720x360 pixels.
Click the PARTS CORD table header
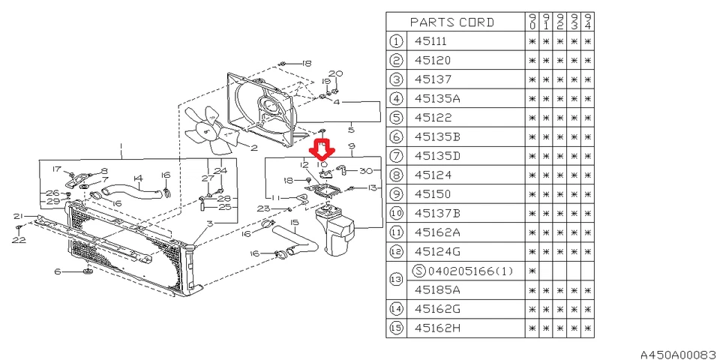click(452, 22)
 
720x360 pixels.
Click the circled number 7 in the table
click(395, 156)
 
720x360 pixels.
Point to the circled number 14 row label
click(395, 308)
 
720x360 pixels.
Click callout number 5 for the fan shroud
click(351, 130)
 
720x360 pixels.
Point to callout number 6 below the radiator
click(57, 271)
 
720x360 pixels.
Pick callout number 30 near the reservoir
click(366, 170)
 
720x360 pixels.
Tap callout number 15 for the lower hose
click(295, 223)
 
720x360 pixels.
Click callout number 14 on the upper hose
click(137, 178)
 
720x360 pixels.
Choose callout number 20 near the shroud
click(336, 73)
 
